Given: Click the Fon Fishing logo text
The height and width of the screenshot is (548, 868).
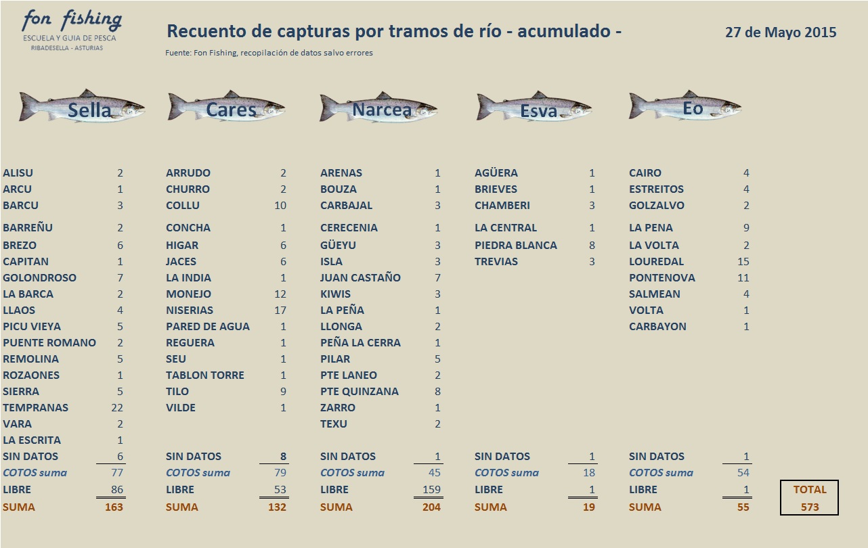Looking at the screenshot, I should [x=71, y=21].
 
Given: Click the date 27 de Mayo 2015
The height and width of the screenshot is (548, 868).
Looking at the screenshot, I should [x=781, y=32].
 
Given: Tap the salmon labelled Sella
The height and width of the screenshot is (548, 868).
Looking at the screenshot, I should [x=82, y=107].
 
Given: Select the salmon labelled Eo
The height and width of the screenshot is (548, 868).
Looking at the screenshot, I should [x=685, y=107].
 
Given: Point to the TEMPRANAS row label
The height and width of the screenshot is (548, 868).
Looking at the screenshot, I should [x=35, y=408].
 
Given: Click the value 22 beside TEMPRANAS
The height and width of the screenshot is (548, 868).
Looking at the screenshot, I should [x=116, y=408].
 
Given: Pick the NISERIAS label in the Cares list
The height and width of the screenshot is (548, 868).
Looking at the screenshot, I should [x=190, y=311].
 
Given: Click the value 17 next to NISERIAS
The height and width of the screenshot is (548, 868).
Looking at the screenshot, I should [x=280, y=311].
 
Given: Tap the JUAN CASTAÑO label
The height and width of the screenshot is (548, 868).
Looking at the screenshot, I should [x=360, y=278].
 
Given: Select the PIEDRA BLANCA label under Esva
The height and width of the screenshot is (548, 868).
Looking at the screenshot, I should [x=516, y=246].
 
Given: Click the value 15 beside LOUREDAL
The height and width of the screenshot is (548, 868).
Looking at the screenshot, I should [x=743, y=262].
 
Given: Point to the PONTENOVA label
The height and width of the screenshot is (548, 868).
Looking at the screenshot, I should [x=661, y=278].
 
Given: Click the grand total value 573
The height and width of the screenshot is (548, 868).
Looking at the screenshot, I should [x=810, y=507].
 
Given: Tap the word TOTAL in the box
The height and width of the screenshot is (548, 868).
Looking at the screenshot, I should [x=810, y=490].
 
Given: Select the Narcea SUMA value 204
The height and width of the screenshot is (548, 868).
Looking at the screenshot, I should [x=431, y=507].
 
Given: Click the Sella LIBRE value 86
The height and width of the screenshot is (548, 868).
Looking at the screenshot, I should [x=116, y=490].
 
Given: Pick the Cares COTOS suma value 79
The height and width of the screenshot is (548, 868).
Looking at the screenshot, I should [x=280, y=473].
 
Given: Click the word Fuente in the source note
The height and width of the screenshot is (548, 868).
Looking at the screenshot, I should [x=177, y=53].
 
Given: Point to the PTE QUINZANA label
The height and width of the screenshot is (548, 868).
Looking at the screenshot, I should [x=360, y=392].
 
